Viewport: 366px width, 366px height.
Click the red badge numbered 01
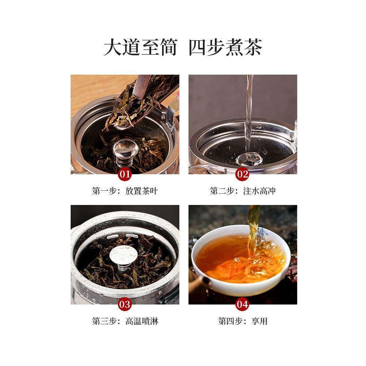(125, 174)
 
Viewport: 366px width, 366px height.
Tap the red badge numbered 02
(242, 174)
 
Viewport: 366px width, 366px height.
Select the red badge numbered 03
(125, 304)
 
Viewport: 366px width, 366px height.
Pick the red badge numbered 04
(242, 304)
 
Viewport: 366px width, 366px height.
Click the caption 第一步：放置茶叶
(125, 191)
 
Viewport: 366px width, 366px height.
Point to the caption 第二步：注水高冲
(242, 191)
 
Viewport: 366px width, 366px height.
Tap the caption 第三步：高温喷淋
(125, 321)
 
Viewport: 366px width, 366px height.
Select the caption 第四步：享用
(242, 321)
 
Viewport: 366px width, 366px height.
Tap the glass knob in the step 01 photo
(126, 148)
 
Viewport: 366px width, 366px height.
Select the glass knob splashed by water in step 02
(249, 158)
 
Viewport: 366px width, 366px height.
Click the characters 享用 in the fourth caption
(259, 321)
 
